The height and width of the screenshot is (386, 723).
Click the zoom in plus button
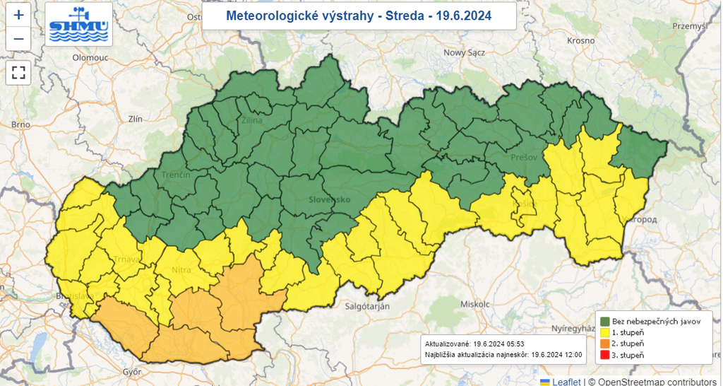pos(18,15)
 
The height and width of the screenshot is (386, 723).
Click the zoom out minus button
pos(18,39)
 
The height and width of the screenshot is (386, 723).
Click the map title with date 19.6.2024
pos(359,15)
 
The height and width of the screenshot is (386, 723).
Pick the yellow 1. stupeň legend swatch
pos(605,332)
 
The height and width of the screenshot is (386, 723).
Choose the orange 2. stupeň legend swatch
pos(605,343)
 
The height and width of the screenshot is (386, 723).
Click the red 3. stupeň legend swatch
pos(605,354)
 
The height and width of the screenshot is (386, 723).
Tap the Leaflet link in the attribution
pos(567,381)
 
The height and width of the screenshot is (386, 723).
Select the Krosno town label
pos(580,40)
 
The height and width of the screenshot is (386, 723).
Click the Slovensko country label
pos(329,200)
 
